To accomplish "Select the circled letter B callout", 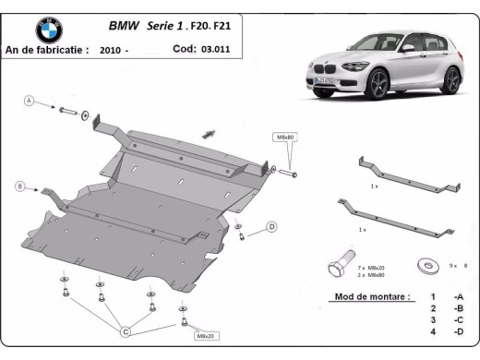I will point(19,186).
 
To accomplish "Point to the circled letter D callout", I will point(271,226).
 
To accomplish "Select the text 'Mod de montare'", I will point(366,297).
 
